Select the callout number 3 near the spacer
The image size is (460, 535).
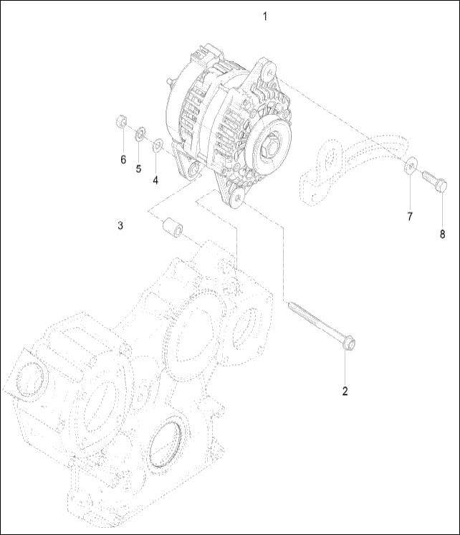(121, 226)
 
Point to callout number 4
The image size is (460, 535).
(155, 180)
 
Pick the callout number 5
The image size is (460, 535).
(139, 169)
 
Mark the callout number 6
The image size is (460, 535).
(123, 158)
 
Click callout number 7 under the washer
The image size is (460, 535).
(410, 216)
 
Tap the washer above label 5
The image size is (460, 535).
(140, 132)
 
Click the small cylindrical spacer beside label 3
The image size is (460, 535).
(172, 228)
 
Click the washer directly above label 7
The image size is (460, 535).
(409, 166)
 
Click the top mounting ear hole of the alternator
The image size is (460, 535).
(269, 69)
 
